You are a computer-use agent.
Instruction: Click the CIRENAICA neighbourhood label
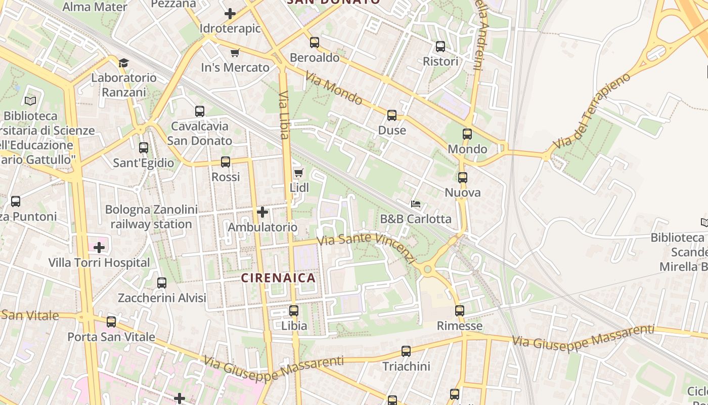click(278, 278)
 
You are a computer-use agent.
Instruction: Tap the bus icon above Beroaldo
click(315, 43)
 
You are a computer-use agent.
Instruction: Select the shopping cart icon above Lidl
click(298, 173)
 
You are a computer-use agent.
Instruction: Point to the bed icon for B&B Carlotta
click(416, 204)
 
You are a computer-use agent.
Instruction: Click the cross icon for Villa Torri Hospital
click(99, 248)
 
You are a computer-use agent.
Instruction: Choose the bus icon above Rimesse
click(459, 311)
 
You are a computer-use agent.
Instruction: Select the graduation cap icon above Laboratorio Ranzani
click(123, 63)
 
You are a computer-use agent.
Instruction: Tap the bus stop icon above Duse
click(392, 115)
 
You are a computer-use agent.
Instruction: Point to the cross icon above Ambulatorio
click(262, 212)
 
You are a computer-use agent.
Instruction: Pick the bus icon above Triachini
click(406, 351)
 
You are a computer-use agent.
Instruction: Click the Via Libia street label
click(284, 115)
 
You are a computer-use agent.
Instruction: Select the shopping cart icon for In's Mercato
click(235, 53)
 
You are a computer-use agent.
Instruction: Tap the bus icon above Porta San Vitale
click(111, 321)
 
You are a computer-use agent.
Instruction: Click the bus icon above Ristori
click(440, 47)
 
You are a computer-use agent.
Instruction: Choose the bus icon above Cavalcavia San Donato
click(200, 111)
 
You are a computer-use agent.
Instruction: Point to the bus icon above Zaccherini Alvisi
click(162, 283)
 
